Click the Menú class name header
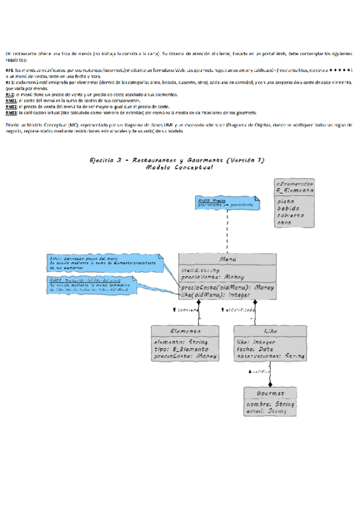point(227,259)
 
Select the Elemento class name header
point(185,331)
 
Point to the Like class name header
point(270,331)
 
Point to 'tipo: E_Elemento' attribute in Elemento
point(181,349)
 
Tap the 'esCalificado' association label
point(241,310)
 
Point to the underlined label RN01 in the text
point(11,101)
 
